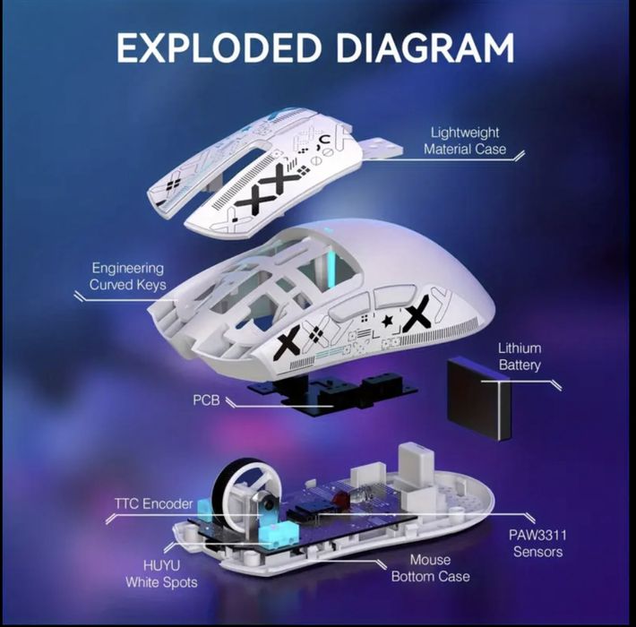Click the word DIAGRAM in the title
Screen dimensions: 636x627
[425, 47]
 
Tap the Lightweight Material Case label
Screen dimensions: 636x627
[465, 141]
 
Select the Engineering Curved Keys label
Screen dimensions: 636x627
[128, 276]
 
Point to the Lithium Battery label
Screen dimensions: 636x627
[520, 356]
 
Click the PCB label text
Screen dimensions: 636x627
[206, 400]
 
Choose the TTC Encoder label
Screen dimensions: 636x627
[154, 503]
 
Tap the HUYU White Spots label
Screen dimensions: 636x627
[161, 574]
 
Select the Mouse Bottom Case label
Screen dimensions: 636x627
[430, 568]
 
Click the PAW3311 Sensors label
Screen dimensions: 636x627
[537, 543]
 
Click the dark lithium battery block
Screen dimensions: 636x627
[478, 399]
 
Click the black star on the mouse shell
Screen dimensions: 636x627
[387, 321]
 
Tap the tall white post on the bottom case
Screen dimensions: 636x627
[417, 460]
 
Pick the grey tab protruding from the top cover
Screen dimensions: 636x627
[382, 148]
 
